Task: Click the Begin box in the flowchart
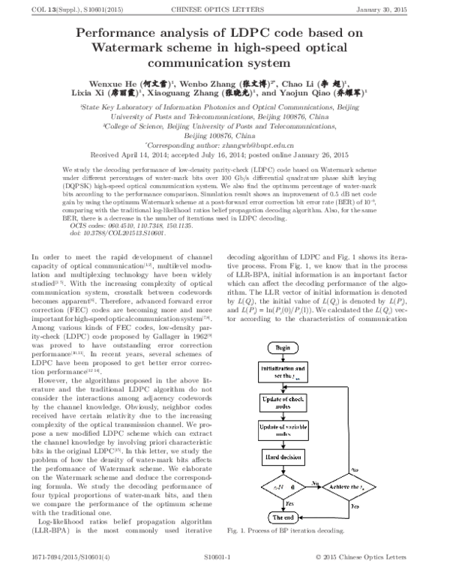click(283, 348)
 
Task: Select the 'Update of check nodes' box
click(283, 400)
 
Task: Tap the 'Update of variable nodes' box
click(283, 428)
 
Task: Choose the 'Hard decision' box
click(283, 456)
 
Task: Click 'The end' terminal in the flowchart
click(283, 517)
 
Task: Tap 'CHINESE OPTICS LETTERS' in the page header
click(225, 8)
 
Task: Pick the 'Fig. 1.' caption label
click(241, 531)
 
